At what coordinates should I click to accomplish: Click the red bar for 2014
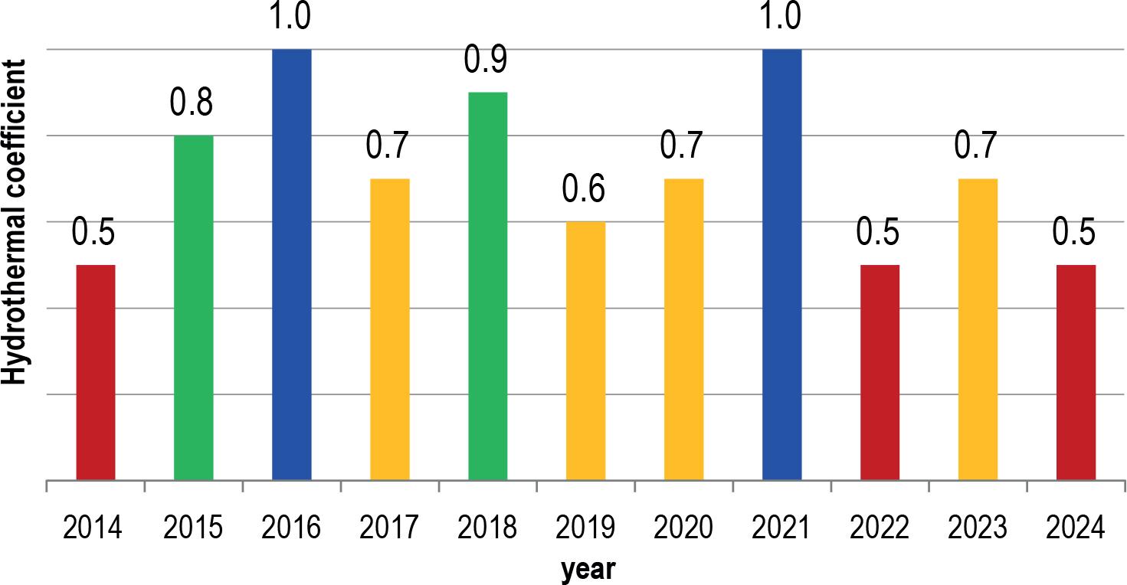pos(96,373)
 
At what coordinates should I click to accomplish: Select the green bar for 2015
pos(194,308)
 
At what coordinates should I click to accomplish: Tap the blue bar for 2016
pos(292,265)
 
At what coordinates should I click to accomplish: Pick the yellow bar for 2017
pos(390,329)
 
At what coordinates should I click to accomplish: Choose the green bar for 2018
pos(488,286)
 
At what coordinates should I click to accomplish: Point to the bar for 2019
pos(586,351)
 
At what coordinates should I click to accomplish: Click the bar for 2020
pos(684,329)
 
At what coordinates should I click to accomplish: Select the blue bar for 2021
pos(782,265)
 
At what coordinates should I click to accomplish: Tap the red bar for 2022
pos(880,373)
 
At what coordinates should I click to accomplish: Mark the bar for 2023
pos(978,329)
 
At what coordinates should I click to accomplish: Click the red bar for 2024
pos(1076,373)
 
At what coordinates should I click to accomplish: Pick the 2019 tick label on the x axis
pos(586,528)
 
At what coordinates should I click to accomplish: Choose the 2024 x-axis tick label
pos(1076,528)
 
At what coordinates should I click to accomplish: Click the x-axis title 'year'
pos(588,570)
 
